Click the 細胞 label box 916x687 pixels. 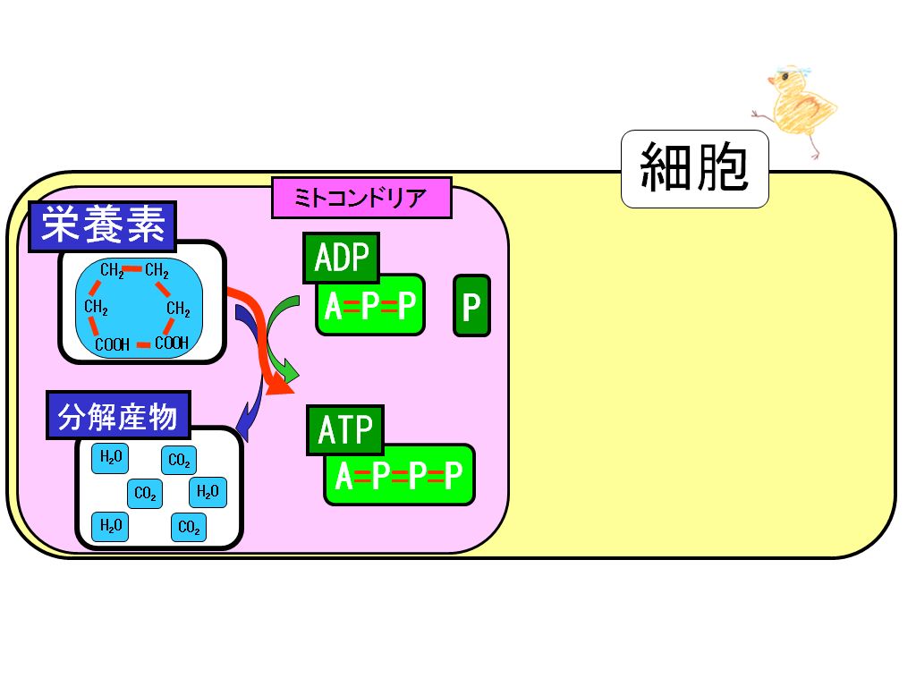click(x=694, y=169)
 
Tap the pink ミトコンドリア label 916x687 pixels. click(x=361, y=198)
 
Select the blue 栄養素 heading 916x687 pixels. click(x=103, y=226)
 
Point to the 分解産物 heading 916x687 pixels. click(x=119, y=415)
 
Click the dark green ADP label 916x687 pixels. click(x=341, y=258)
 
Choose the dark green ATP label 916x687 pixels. click(x=344, y=430)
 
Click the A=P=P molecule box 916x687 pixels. click(x=370, y=305)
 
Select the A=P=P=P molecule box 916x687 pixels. click(x=400, y=474)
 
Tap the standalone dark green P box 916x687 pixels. click(x=472, y=306)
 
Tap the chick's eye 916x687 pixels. click(x=785, y=77)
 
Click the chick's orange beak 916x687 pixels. click(x=772, y=81)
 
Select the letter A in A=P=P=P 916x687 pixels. click(x=344, y=475)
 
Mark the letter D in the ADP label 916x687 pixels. click(x=342, y=258)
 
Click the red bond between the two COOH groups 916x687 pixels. click(x=143, y=345)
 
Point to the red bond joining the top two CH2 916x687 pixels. click(x=133, y=269)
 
